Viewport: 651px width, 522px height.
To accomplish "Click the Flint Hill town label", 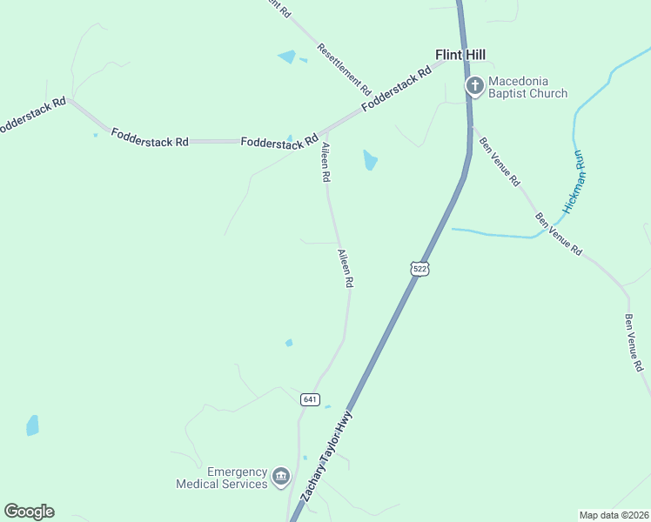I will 460,55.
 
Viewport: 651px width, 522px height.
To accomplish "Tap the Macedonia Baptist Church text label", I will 527,87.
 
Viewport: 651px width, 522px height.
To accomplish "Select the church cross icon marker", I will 475,85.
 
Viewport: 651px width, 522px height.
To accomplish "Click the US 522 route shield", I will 420,269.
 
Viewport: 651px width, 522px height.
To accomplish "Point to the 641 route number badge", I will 310,399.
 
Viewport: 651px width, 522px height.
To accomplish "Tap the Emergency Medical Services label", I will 222,477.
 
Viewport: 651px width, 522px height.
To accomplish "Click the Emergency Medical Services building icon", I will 280,476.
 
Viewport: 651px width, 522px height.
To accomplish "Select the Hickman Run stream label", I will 575,182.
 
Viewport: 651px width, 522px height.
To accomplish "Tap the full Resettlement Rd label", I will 345,69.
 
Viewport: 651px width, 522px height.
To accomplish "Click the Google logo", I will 29,512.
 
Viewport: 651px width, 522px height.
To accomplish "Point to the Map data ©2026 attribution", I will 613,514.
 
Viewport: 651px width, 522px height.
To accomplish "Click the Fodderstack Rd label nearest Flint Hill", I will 397,89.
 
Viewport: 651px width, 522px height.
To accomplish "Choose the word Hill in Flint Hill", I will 474,55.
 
